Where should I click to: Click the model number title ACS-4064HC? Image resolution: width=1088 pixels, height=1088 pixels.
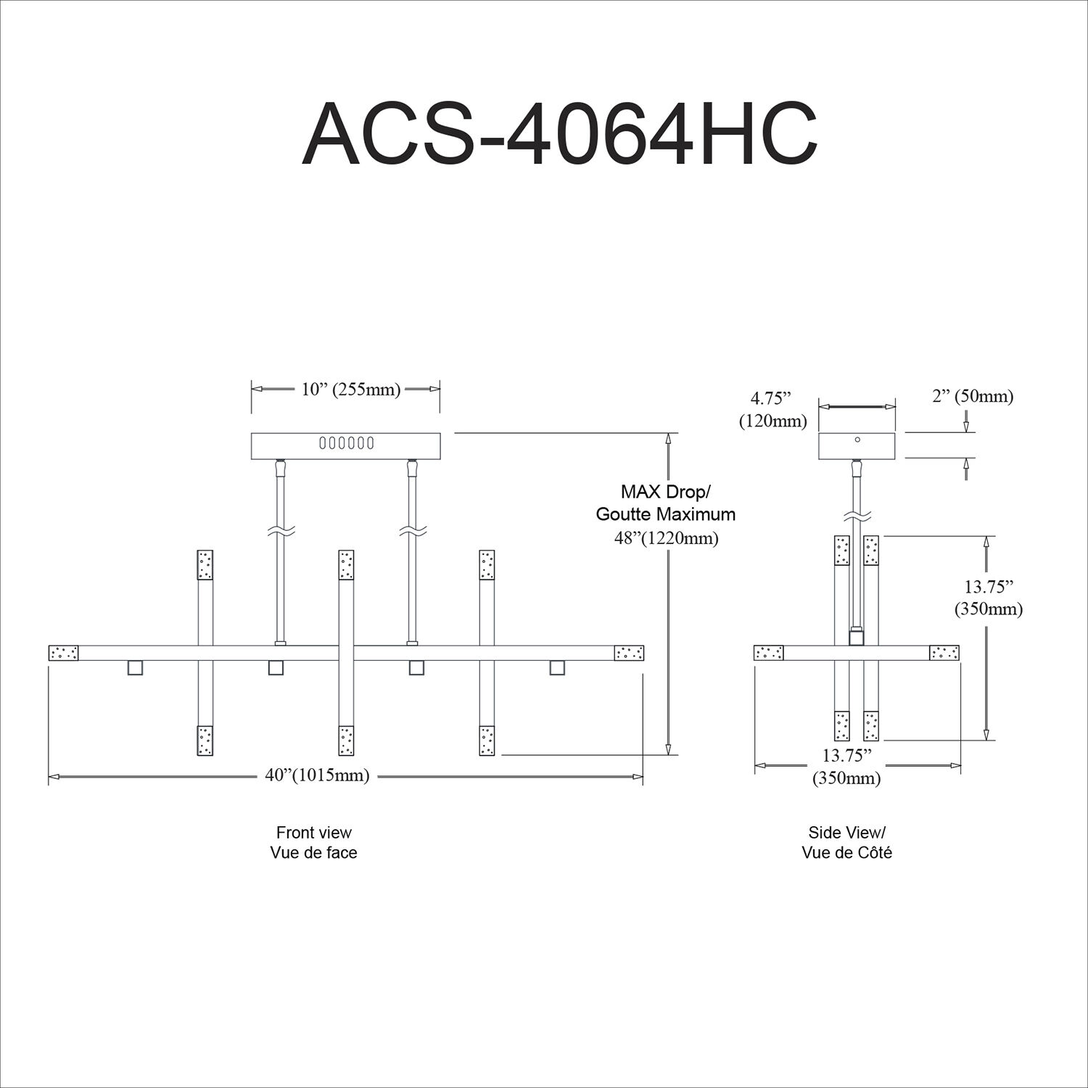[x=559, y=135]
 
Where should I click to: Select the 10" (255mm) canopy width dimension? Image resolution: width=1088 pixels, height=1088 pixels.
[x=351, y=390]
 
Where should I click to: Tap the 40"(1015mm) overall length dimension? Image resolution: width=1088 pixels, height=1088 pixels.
[x=317, y=775]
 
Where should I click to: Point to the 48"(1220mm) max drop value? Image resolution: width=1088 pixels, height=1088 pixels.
[x=666, y=539]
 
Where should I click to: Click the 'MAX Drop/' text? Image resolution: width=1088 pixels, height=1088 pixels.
[x=665, y=493]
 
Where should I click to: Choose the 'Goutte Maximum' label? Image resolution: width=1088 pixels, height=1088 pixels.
[x=665, y=515]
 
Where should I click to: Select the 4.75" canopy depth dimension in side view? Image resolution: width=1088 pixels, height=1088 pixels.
[x=770, y=397]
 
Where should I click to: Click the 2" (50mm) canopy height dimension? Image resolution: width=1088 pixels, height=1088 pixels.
[x=973, y=396]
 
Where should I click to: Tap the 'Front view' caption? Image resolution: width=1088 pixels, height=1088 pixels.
[x=313, y=832]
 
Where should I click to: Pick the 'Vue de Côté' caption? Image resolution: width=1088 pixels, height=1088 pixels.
[x=846, y=853]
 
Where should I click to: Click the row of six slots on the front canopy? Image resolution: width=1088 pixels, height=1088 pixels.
[x=346, y=442]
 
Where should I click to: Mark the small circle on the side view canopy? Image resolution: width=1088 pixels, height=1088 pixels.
[x=857, y=440]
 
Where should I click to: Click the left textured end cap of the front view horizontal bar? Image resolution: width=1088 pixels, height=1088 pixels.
[x=63, y=653]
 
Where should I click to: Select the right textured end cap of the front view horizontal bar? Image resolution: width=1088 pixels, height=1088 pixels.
[x=629, y=653]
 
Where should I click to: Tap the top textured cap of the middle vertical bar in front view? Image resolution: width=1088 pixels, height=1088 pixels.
[x=346, y=564]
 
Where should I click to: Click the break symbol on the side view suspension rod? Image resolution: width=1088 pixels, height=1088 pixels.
[x=857, y=517]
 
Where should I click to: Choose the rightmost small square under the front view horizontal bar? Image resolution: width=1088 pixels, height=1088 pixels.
[x=557, y=667]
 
